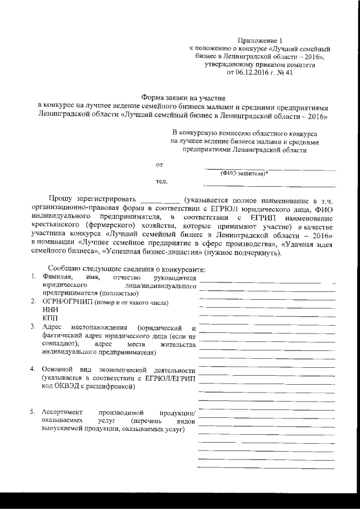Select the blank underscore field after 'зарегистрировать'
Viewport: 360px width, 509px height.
click(159, 201)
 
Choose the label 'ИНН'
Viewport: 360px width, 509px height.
click(49, 309)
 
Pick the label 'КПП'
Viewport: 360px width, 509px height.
click(49, 318)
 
